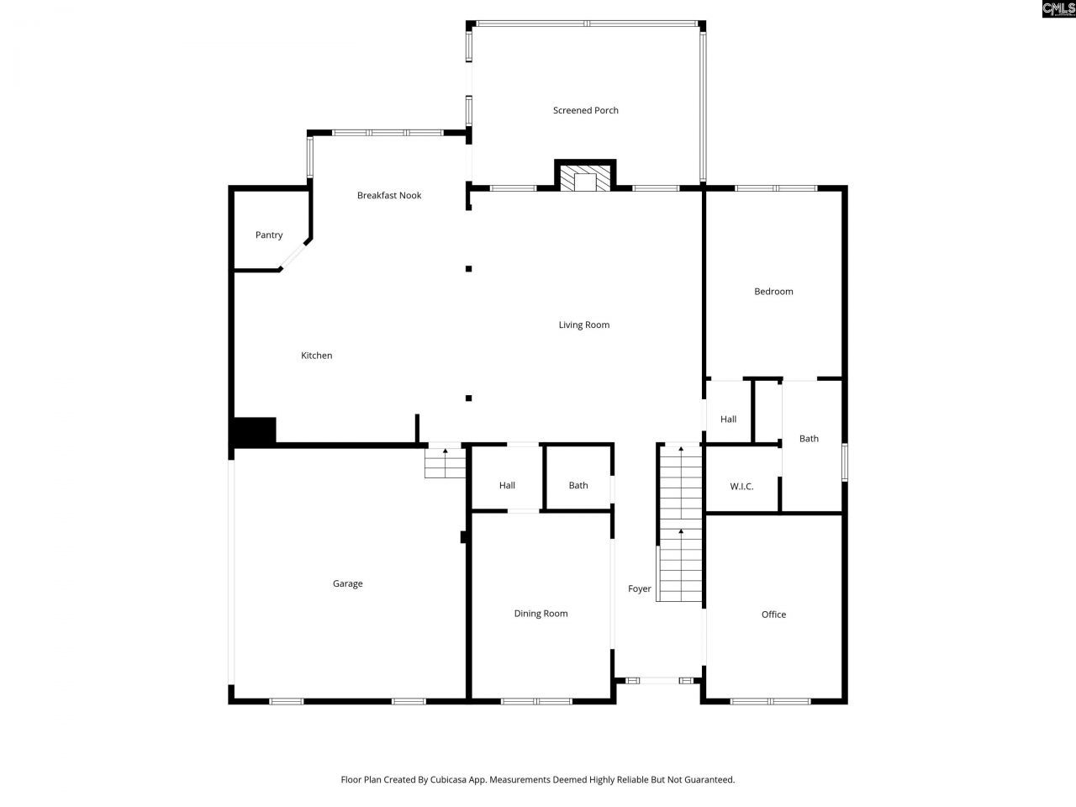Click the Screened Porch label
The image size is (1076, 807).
[585, 110]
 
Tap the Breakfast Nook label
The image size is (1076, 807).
[389, 195]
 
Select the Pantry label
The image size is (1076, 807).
[269, 235]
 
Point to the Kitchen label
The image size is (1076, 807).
[317, 356]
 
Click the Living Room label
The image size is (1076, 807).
[584, 324]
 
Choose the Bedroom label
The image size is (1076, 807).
[773, 292]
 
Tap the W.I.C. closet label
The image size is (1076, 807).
[741, 487]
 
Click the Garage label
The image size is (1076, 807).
[348, 583]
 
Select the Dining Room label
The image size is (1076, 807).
[541, 614]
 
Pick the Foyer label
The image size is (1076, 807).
[640, 588]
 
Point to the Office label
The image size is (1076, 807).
[773, 614]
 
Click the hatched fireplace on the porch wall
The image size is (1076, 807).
[585, 178]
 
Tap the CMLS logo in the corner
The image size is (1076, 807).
[1058, 9]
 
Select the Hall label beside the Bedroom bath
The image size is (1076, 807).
[728, 419]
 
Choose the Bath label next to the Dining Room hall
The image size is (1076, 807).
[578, 485]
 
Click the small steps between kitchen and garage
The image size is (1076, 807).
[445, 462]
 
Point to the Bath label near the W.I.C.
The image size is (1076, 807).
[809, 439]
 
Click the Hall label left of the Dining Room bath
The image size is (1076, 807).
[507, 485]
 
